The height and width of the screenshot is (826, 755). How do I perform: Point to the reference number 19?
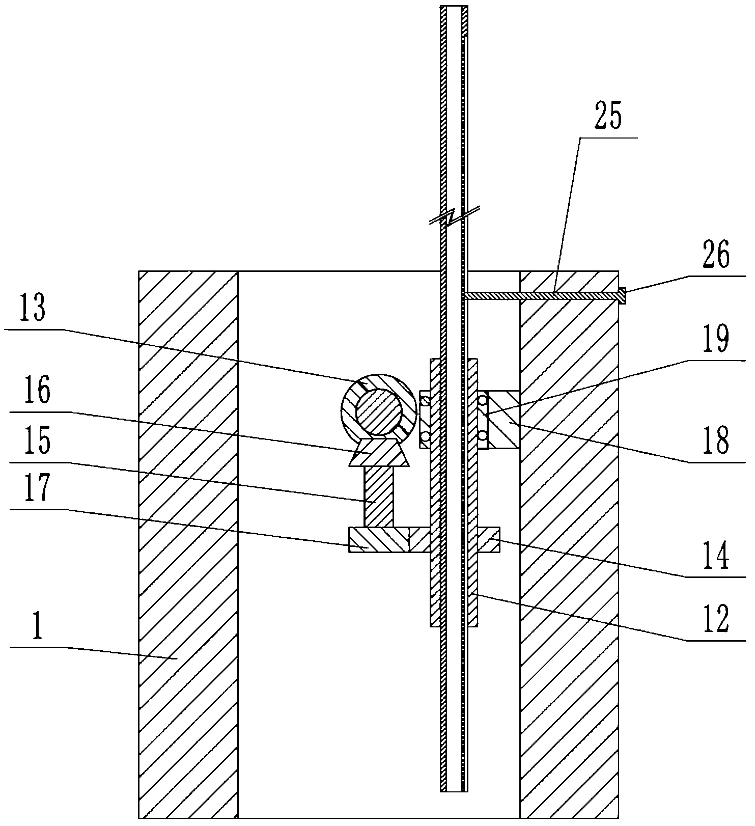coord(716,340)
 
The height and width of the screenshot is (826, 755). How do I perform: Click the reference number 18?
coord(716,441)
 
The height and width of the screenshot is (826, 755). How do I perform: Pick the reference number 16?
coord(35,392)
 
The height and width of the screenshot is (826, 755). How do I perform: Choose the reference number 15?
coord(35,441)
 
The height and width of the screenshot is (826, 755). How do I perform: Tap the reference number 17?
coord(35,487)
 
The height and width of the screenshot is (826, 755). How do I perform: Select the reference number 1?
coord(36,630)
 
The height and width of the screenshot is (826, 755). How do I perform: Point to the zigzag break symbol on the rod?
coord(454,216)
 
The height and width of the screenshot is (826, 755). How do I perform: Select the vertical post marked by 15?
coord(378,497)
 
